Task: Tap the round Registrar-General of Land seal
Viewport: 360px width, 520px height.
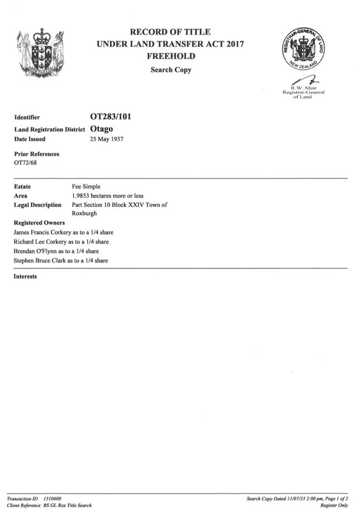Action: point(303,50)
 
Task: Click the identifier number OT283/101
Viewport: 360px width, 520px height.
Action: point(111,117)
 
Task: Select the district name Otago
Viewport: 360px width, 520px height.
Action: point(102,129)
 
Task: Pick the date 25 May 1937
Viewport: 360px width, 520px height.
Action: point(107,139)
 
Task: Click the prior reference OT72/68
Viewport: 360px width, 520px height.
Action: point(25,163)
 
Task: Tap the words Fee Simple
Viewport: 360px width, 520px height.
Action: point(86,186)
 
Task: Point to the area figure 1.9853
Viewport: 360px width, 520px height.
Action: point(80,196)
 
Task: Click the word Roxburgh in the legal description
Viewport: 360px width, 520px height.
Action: point(84,213)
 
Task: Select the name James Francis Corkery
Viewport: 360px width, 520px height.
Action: point(42,233)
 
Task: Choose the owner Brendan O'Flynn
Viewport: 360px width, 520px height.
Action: point(35,251)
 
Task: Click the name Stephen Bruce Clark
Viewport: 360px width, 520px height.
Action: point(40,261)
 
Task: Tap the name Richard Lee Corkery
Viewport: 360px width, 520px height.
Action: point(40,242)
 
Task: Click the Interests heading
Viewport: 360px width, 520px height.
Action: point(25,276)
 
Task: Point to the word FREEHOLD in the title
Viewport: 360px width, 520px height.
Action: point(171,56)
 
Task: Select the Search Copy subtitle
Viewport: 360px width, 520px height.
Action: point(171,70)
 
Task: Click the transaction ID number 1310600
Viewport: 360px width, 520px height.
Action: point(52,498)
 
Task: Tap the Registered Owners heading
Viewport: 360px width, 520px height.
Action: point(39,223)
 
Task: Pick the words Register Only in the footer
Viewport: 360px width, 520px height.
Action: point(334,505)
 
